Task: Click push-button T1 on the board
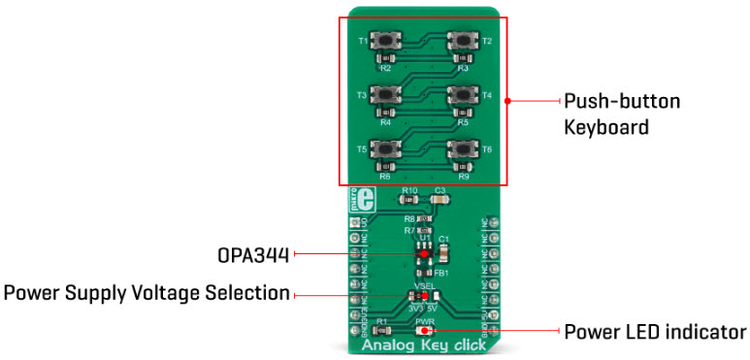coord(387,42)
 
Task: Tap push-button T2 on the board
coord(461,42)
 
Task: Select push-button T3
coord(387,95)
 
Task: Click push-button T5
coord(387,149)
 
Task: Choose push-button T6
coord(461,149)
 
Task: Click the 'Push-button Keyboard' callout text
coord(623,114)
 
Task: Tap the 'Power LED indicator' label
coord(657,332)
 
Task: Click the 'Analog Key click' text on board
coord(424,346)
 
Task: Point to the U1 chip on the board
coord(424,254)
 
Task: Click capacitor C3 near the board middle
coord(440,199)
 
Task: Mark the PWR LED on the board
coord(424,331)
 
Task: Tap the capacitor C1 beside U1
coord(444,252)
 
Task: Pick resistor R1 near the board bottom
coord(382,332)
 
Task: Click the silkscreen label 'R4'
coord(385,123)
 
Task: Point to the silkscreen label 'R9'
coord(463,177)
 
